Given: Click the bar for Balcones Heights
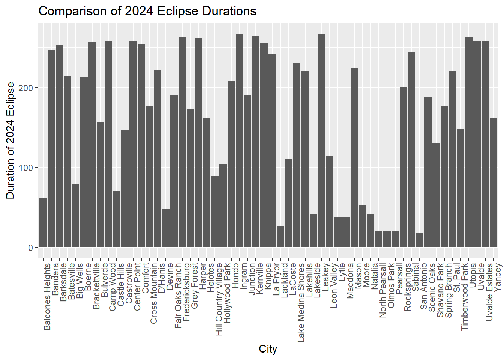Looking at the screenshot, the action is coord(43,222).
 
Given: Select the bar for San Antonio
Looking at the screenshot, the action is coord(420,240).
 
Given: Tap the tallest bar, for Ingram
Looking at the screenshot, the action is coord(240,141).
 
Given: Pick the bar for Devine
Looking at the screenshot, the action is coord(166,228).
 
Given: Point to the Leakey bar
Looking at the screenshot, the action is coord(321,141).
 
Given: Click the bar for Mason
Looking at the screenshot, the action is coord(354,158).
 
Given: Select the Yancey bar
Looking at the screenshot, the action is coord(493,183).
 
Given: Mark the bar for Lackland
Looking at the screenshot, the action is coord(280,237).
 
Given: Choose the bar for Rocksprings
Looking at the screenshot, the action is coord(403,167).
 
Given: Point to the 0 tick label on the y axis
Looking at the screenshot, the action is coord(31,248).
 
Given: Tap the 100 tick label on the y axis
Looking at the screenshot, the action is coord(25,168).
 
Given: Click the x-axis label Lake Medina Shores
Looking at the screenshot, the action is coord(301,303).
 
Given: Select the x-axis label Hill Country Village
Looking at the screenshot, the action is coord(219,299).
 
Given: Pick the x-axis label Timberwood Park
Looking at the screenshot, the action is coord(465,297).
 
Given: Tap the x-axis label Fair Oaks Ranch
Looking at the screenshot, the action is coord(178,295).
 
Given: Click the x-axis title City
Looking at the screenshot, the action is coord(268,349).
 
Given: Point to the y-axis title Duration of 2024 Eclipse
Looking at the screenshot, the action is coord(10,140).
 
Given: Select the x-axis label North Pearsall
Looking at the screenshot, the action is coord(383,290).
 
